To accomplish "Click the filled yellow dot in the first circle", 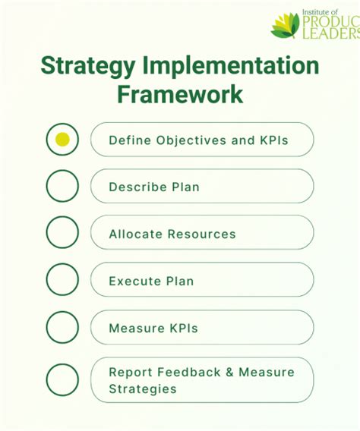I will point(62,140).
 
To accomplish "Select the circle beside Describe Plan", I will point(62,186).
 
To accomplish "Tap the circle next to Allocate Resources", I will point(62,233).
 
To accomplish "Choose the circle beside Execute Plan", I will point(62,280).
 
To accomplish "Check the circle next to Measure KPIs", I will point(62,327).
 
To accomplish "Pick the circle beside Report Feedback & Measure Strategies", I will point(62,380).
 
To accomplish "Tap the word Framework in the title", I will point(180,94).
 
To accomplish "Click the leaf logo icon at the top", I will point(286,24).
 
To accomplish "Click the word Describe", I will point(134,187).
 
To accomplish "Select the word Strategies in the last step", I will point(142,389).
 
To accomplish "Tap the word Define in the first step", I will point(128,140).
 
